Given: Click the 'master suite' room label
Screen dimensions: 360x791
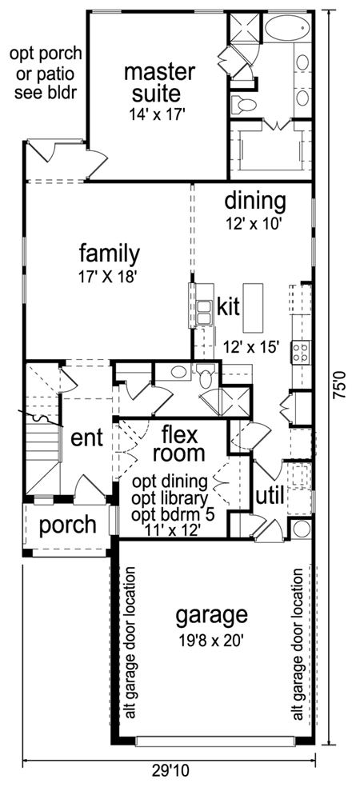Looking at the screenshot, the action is [x=159, y=82].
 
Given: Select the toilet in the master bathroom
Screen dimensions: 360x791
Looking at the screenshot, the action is [x=244, y=105].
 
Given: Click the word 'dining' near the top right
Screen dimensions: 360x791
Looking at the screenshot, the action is [x=255, y=202].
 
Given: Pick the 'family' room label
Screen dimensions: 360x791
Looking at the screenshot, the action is [x=110, y=255].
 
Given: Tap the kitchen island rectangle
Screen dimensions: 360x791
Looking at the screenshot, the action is [x=253, y=308].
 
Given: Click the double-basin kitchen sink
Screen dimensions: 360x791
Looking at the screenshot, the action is [x=204, y=313].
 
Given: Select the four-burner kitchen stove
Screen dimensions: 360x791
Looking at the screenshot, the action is [x=301, y=352].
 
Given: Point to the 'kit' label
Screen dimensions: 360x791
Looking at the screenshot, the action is [x=228, y=307].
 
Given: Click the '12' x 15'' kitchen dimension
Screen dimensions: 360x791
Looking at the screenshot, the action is [x=251, y=347].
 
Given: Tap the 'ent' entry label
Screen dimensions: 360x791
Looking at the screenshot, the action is [x=87, y=437].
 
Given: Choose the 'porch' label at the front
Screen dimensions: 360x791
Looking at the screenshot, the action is [x=68, y=525].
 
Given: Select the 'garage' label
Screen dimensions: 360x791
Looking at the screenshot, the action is [x=211, y=616].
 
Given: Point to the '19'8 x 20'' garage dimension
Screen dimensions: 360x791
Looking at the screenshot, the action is [x=211, y=641].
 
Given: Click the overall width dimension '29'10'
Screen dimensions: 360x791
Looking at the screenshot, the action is [x=170, y=770].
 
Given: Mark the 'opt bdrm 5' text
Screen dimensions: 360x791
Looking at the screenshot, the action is [x=173, y=514].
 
